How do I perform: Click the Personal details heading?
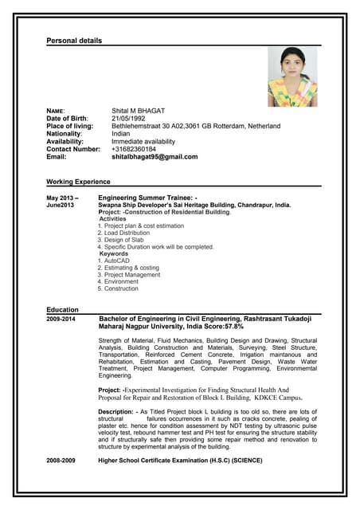click(x=74, y=40)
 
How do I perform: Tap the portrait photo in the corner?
click(x=292, y=76)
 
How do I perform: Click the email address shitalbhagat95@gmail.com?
click(x=155, y=157)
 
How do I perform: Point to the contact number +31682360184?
click(x=134, y=149)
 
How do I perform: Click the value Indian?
click(x=121, y=134)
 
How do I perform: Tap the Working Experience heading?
click(x=78, y=182)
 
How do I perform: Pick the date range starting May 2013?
click(x=62, y=197)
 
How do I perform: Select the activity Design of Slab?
click(x=122, y=240)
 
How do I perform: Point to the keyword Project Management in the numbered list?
click(x=131, y=275)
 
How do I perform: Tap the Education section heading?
click(x=63, y=309)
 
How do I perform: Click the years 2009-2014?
click(x=61, y=319)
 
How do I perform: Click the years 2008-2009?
click(x=61, y=461)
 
